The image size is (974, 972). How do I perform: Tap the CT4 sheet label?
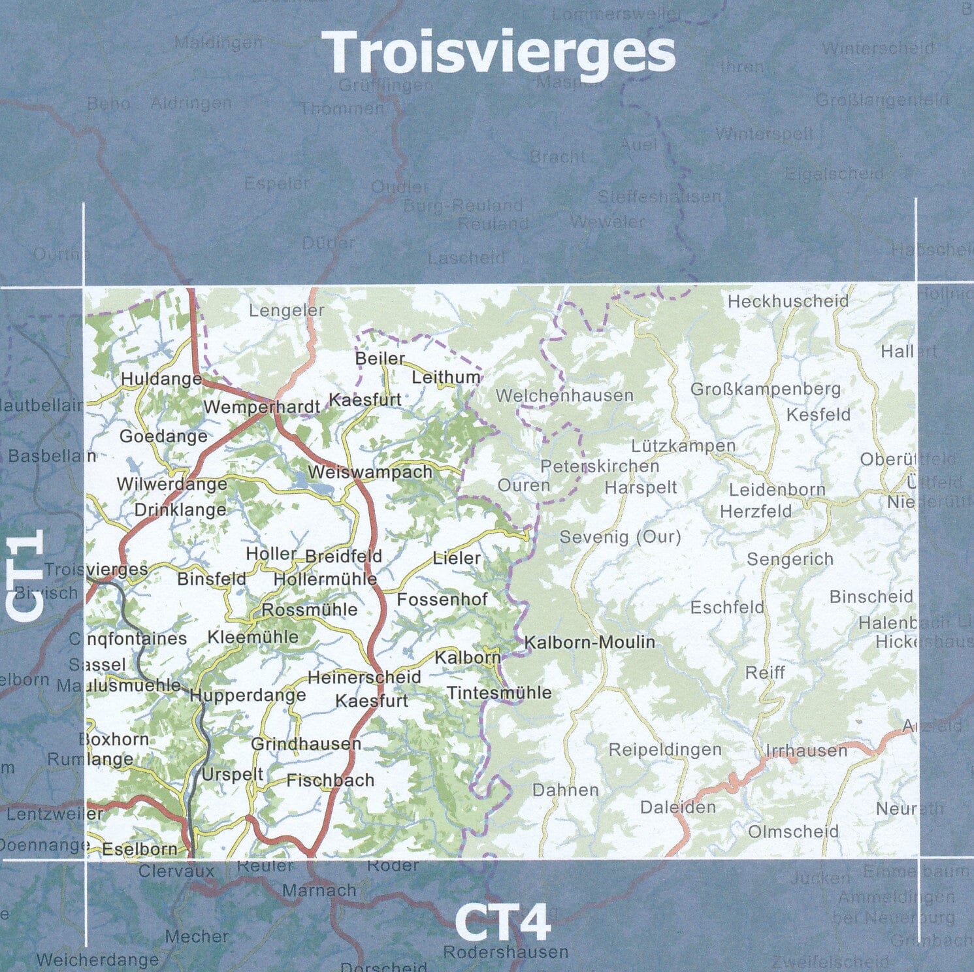[502, 923]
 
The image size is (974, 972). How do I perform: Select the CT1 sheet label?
[26, 574]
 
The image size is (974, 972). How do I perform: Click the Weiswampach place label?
[370, 472]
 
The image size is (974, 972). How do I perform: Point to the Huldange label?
[161, 379]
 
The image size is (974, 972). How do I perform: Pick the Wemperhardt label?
[261, 407]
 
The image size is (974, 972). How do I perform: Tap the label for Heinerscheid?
[364, 677]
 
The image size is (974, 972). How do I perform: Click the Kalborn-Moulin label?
[589, 642]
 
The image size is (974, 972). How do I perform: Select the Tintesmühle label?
[499, 692]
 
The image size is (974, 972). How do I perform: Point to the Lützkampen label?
[683, 446]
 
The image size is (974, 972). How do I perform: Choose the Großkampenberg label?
[766, 389]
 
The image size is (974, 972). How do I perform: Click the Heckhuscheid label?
[788, 301]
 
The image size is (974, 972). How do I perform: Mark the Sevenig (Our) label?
[620, 537]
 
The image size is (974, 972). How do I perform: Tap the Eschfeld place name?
[727, 607]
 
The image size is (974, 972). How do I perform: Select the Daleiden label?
[677, 807]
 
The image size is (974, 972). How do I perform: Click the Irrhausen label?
[806, 751]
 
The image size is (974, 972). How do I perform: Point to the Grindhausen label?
[306, 743]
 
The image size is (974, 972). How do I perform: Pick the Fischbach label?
[330, 780]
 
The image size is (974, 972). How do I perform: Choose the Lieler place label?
[457, 559]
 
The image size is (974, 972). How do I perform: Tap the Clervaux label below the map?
[176, 871]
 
